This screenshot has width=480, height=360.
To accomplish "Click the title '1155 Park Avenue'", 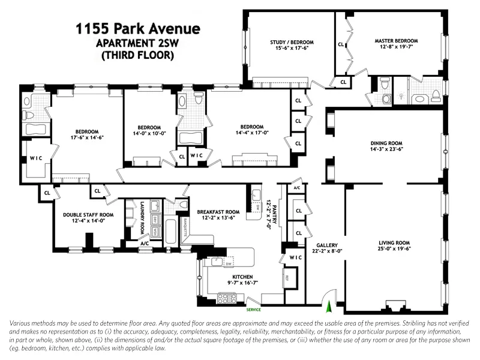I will (137, 29).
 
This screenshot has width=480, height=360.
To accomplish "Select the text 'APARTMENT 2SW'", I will (137, 43).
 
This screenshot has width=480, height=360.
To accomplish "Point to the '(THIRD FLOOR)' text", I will (137, 55).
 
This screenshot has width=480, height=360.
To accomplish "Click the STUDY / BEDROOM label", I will (292, 42).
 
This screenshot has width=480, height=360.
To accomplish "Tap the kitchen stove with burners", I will (227, 298).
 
